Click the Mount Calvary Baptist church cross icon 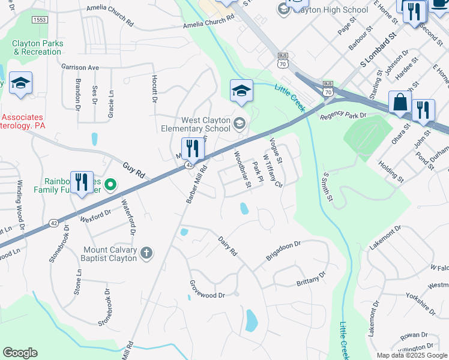146,254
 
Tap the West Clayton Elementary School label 196,124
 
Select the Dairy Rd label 228,246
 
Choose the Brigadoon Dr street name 284,253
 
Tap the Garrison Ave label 79,68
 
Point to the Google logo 20,352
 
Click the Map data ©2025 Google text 412,355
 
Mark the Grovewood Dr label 206,290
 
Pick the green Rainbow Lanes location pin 110,184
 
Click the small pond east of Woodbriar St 244,209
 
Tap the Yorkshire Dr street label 420,304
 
